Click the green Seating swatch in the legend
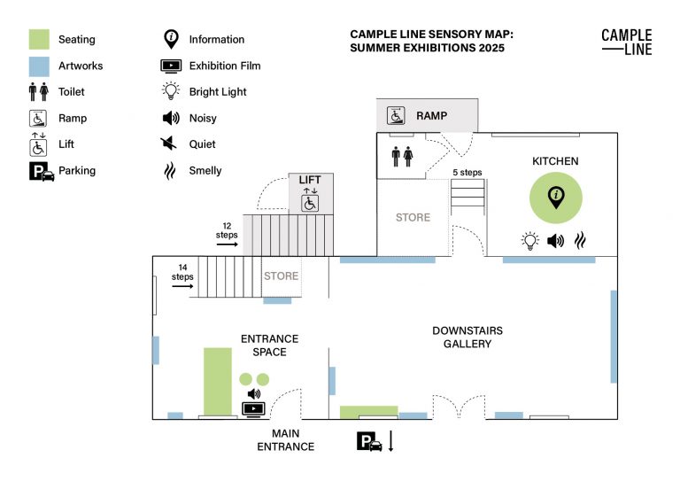point(39,40)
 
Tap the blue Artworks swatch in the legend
point(39,66)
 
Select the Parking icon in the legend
point(42,171)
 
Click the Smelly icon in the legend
point(170,171)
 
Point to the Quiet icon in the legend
point(170,144)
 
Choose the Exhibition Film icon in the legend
point(171,66)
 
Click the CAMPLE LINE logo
point(626,42)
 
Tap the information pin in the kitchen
point(556,198)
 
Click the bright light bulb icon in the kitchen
point(529,240)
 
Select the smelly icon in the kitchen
point(581,240)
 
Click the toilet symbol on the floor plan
point(402,157)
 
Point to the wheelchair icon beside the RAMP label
point(396,115)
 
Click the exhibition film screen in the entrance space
point(254,409)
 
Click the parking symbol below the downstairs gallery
point(370,442)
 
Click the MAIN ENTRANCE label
point(285,440)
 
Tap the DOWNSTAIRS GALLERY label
point(467,337)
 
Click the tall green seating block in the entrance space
point(218,381)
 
